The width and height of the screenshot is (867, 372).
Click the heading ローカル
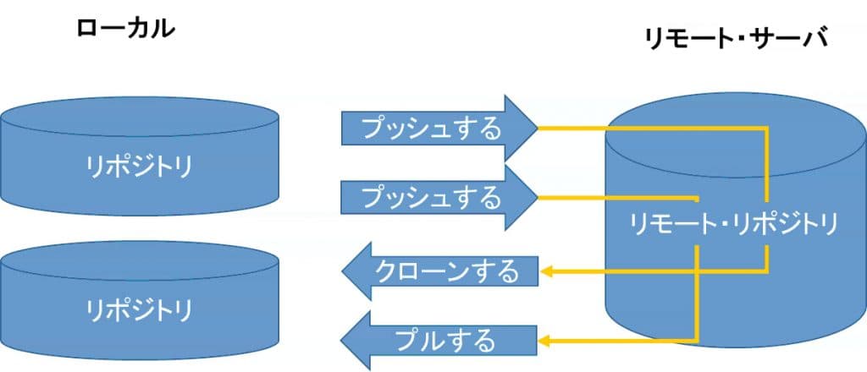[125, 28]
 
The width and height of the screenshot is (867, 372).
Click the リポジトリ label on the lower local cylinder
[139, 309]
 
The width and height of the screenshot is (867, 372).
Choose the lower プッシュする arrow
[432, 198]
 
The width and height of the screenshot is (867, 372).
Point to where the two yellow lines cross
[696, 271]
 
